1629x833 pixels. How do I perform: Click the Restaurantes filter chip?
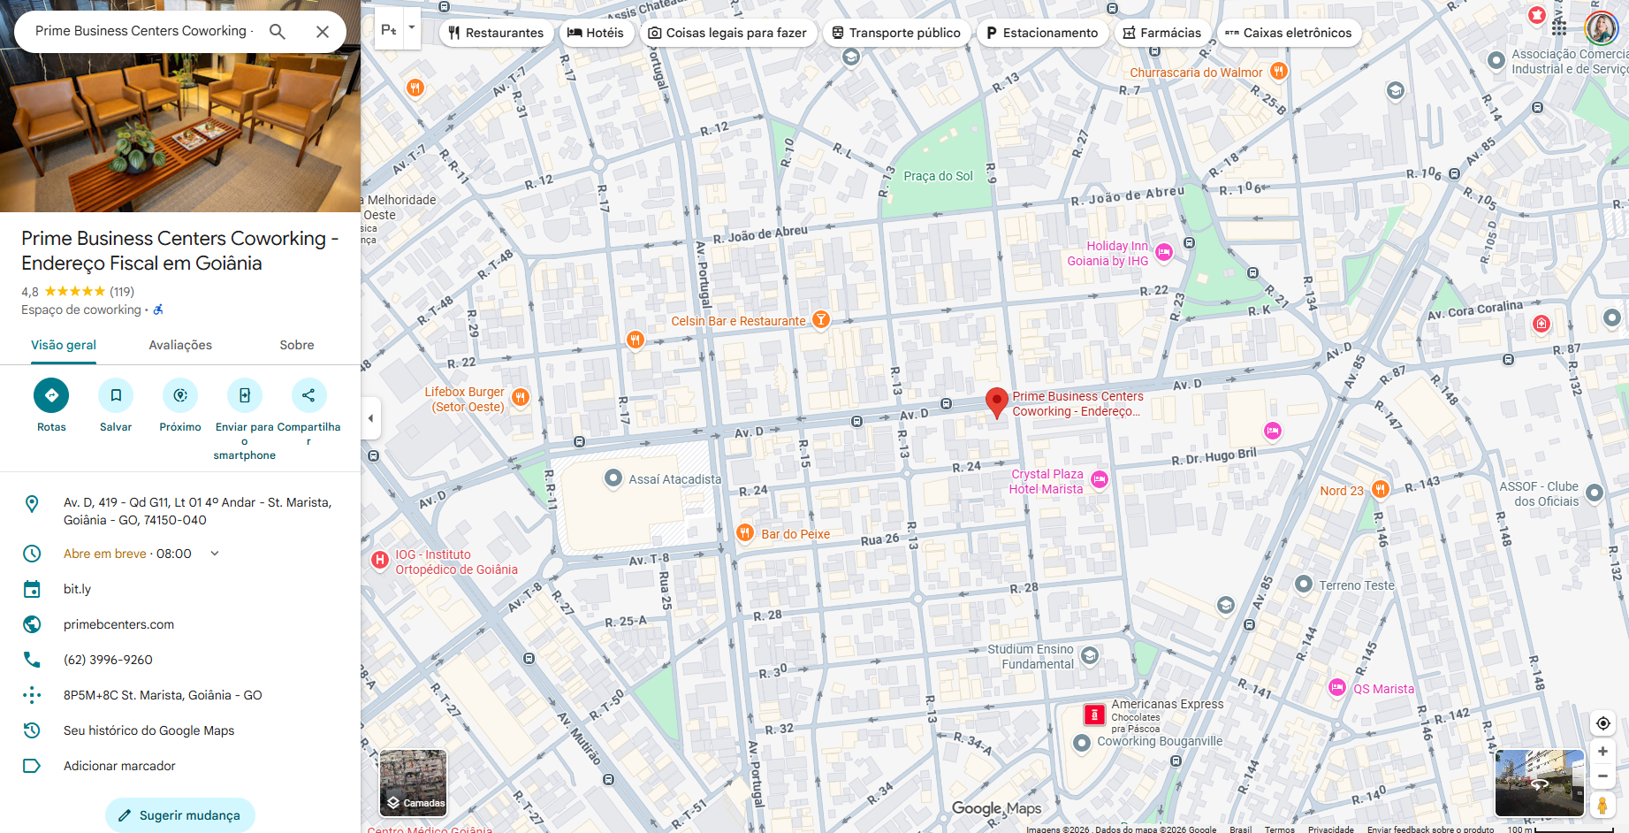click(x=495, y=33)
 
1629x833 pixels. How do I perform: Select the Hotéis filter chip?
click(x=595, y=33)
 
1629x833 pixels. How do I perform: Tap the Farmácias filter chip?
click(x=1161, y=33)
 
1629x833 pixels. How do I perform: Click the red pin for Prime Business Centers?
click(x=996, y=401)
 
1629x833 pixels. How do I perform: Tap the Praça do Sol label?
click(x=938, y=176)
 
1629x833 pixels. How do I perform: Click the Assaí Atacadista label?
click(x=674, y=479)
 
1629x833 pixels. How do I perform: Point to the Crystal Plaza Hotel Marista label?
click(x=1047, y=481)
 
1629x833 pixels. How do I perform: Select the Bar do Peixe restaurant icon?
click(x=745, y=533)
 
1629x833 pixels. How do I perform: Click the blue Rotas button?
click(x=51, y=395)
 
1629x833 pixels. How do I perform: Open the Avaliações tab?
click(x=180, y=345)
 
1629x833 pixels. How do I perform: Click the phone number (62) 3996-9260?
click(x=108, y=660)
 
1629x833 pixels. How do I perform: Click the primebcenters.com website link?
click(x=118, y=624)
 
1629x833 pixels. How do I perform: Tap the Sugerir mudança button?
click(x=180, y=815)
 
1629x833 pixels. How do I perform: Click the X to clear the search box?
click(x=323, y=32)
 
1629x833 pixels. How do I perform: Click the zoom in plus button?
click(x=1602, y=752)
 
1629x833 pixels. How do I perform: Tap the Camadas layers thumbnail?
click(x=413, y=783)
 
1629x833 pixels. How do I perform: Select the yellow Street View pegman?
click(x=1602, y=805)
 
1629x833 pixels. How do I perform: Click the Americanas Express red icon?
click(x=1094, y=715)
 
